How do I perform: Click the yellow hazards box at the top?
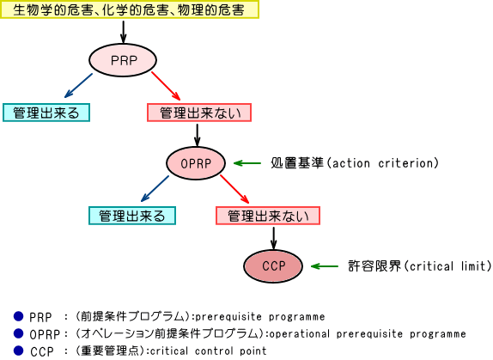129,9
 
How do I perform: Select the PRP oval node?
123,60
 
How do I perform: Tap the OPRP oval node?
196,163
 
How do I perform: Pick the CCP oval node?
273,266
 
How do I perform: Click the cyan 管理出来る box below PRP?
46,113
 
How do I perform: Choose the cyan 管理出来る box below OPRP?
132,216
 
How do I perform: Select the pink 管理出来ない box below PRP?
199,113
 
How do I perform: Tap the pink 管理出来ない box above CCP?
268,216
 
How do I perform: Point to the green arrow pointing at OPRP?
247,163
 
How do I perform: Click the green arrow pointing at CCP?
325,266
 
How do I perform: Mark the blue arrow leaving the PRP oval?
78,86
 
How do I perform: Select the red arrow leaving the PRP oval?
166,86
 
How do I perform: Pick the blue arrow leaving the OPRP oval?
155,188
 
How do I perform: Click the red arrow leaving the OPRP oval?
234,189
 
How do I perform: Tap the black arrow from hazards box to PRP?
124,32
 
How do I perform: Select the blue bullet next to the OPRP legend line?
19,333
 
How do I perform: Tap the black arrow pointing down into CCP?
273,238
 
